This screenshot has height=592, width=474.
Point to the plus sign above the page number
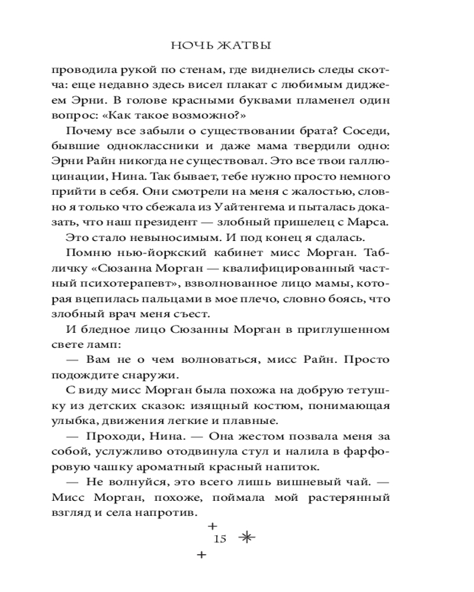point(212,525)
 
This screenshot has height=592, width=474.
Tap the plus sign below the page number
point(201,555)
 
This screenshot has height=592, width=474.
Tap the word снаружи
point(159,375)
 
